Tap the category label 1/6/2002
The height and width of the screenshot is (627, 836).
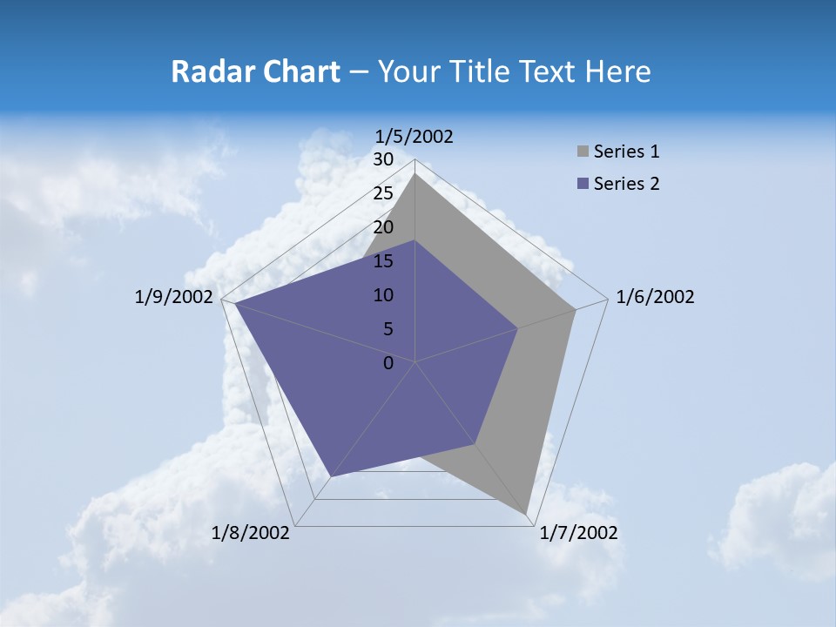click(x=655, y=297)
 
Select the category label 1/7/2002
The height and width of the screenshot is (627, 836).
click(x=578, y=533)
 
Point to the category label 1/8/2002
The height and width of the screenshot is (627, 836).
click(x=251, y=533)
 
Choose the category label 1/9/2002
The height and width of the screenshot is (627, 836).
click(x=174, y=297)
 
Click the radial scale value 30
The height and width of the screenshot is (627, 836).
click(x=383, y=159)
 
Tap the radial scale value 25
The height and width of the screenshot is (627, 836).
click(x=383, y=193)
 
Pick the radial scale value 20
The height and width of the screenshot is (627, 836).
click(x=383, y=227)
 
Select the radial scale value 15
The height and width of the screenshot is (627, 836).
click(x=383, y=261)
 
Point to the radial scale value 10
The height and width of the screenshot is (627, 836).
click(x=383, y=295)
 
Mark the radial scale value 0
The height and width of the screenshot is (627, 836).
click(x=388, y=363)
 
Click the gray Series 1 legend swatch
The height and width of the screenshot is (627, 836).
click(x=583, y=152)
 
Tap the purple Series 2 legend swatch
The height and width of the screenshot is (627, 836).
click(x=583, y=184)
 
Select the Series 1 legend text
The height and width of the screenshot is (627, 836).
click(x=626, y=152)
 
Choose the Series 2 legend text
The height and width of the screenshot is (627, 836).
click(x=626, y=184)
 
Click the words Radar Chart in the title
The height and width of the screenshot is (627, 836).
click(x=255, y=71)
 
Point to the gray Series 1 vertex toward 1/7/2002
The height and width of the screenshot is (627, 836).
click(x=527, y=515)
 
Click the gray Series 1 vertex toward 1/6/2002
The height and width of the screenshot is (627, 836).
click(x=575, y=309)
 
